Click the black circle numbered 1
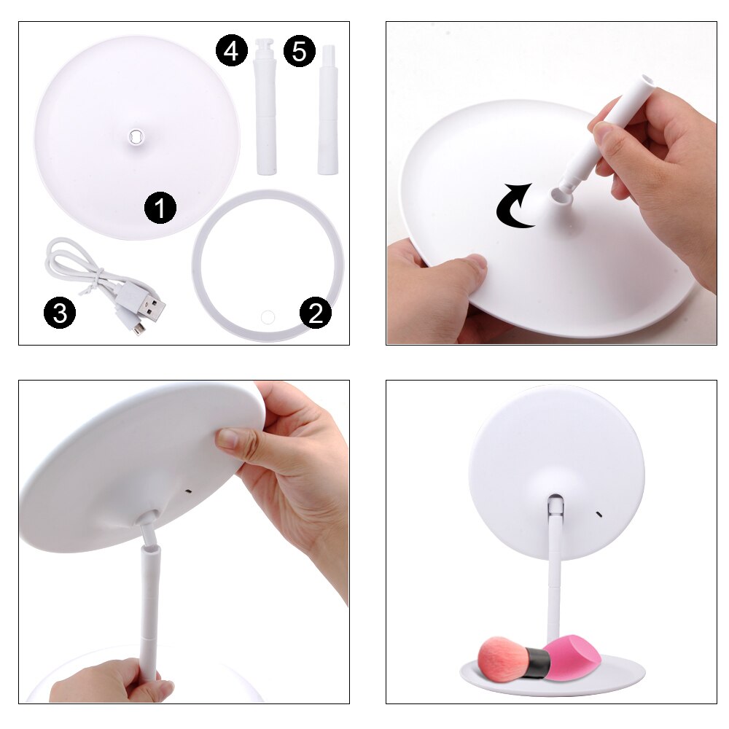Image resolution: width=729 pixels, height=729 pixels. pyautogui.click(x=160, y=209)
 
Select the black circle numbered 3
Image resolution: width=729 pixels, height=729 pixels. pyautogui.click(x=59, y=313)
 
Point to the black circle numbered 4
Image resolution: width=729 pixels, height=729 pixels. pyautogui.click(x=231, y=52)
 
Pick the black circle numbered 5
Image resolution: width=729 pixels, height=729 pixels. pyautogui.click(x=299, y=52)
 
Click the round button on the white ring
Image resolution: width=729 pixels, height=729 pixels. pyautogui.click(x=267, y=316)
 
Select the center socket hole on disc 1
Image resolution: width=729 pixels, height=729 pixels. pyautogui.click(x=136, y=135)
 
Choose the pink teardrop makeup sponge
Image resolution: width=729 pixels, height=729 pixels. pyautogui.click(x=575, y=655)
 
